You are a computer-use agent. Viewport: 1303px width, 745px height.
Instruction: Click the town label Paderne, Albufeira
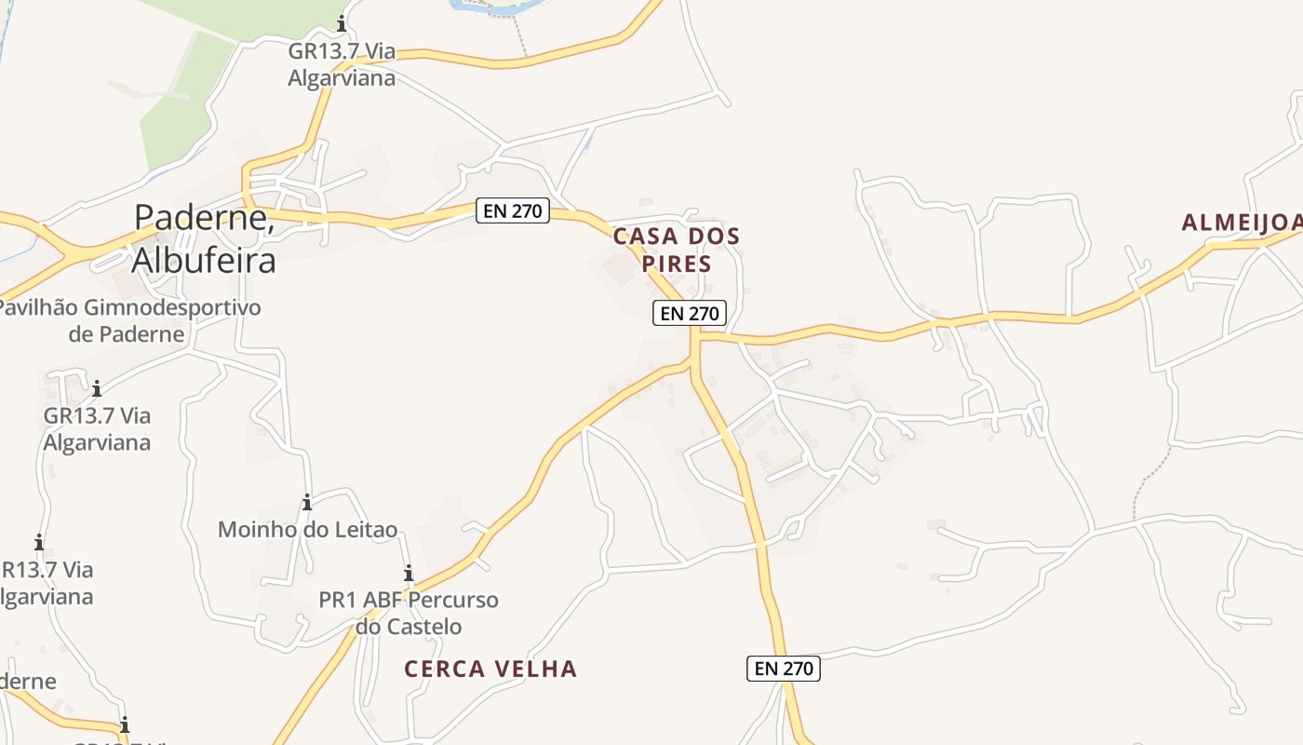click(204, 238)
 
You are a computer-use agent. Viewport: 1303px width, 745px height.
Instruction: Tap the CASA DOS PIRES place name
click(677, 250)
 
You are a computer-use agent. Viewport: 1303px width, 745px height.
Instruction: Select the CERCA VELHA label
click(490, 669)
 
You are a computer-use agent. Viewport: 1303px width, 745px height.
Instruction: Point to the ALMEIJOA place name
click(1242, 223)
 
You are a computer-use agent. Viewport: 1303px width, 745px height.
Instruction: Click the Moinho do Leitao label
click(307, 530)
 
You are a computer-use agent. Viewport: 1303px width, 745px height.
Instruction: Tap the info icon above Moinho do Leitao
click(307, 504)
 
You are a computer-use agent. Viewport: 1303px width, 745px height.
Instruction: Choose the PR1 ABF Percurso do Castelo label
click(409, 613)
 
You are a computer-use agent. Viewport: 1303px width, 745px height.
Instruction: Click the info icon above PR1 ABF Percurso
click(408, 574)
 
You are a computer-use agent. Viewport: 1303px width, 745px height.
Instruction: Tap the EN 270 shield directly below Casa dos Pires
click(689, 314)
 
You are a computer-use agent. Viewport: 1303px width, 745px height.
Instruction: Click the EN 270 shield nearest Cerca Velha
click(784, 668)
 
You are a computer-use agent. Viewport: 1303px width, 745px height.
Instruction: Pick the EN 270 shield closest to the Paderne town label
click(513, 210)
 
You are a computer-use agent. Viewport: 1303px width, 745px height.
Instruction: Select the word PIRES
click(677, 264)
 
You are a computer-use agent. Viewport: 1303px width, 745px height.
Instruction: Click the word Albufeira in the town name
click(204, 260)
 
